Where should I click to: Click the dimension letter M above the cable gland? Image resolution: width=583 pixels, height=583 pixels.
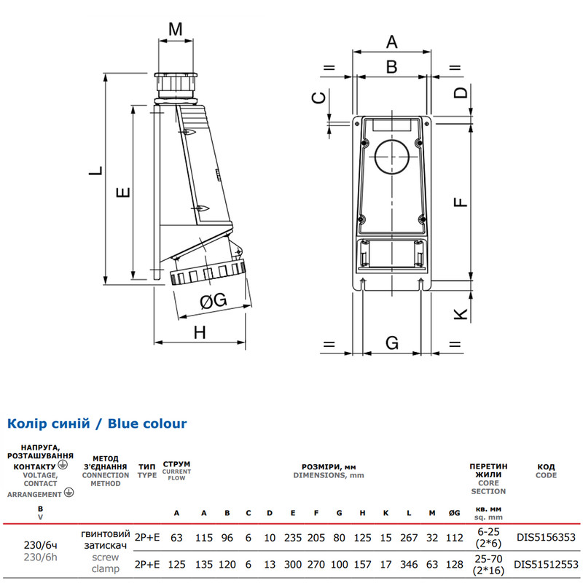click(176, 29)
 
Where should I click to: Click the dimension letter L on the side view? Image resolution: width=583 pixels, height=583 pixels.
click(95, 171)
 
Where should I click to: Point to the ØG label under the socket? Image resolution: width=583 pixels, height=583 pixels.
click(213, 300)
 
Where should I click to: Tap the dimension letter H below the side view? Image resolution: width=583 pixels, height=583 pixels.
click(200, 332)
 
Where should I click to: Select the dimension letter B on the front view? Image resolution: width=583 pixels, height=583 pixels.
click(391, 67)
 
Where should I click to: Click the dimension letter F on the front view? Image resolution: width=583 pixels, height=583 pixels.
click(461, 202)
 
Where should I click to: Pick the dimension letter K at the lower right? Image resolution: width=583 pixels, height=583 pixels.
click(461, 314)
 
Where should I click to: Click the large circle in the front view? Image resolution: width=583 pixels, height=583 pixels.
click(392, 157)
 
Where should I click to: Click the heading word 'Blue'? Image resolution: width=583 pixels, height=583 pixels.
click(126, 423)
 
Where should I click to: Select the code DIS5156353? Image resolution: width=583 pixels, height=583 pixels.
click(546, 537)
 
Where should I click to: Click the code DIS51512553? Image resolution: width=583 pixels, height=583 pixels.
click(546, 564)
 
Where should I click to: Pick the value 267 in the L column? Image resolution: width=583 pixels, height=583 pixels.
click(409, 538)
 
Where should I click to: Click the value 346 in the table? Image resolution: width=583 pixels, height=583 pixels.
click(409, 564)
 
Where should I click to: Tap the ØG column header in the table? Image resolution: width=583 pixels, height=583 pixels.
click(454, 513)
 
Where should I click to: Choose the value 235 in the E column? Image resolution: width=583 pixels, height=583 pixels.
click(293, 538)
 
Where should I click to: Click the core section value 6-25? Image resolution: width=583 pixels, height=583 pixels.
click(488, 532)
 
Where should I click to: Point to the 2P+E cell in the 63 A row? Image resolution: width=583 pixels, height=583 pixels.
click(147, 538)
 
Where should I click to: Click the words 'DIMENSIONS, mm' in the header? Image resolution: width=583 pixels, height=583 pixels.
click(329, 476)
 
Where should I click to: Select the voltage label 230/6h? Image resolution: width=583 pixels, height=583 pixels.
click(41, 557)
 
